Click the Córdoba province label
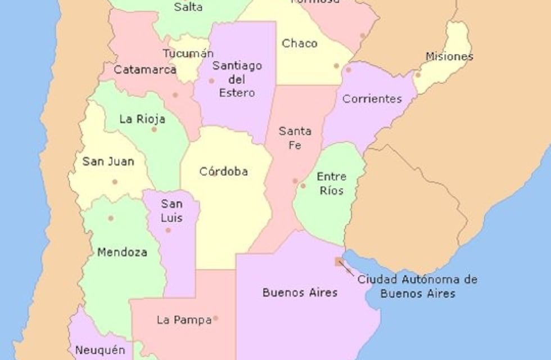coord(223,172)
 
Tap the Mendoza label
coord(122,253)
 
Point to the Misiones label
coord(449,56)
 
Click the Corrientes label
coord(372,99)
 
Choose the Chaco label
coord(300,43)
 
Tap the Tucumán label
coord(188,53)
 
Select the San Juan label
coord(108,161)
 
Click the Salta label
coord(188,8)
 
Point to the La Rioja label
coord(142,119)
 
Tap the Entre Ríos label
coord(331,183)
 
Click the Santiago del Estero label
coord(237,79)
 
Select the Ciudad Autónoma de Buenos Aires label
coord(417,286)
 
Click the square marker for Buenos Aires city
coord(338,262)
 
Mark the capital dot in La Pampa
coord(215,318)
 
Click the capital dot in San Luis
coord(168,230)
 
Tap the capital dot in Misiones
coord(418,75)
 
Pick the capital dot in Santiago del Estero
coord(211,81)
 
